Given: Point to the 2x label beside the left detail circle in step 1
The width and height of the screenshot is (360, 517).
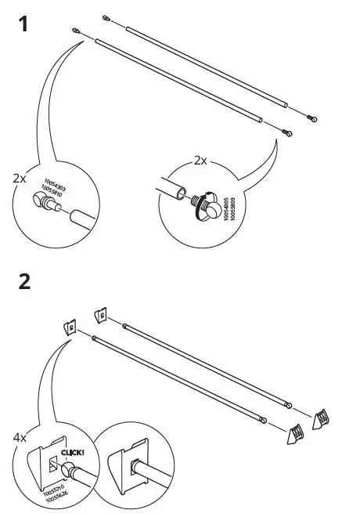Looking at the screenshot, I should tap(20, 178).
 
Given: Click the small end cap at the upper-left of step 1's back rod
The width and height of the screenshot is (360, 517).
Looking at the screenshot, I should tap(105, 16).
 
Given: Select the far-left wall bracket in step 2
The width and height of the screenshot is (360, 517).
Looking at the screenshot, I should tap(69, 325).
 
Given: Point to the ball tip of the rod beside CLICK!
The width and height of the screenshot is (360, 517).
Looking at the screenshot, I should tap(69, 470).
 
